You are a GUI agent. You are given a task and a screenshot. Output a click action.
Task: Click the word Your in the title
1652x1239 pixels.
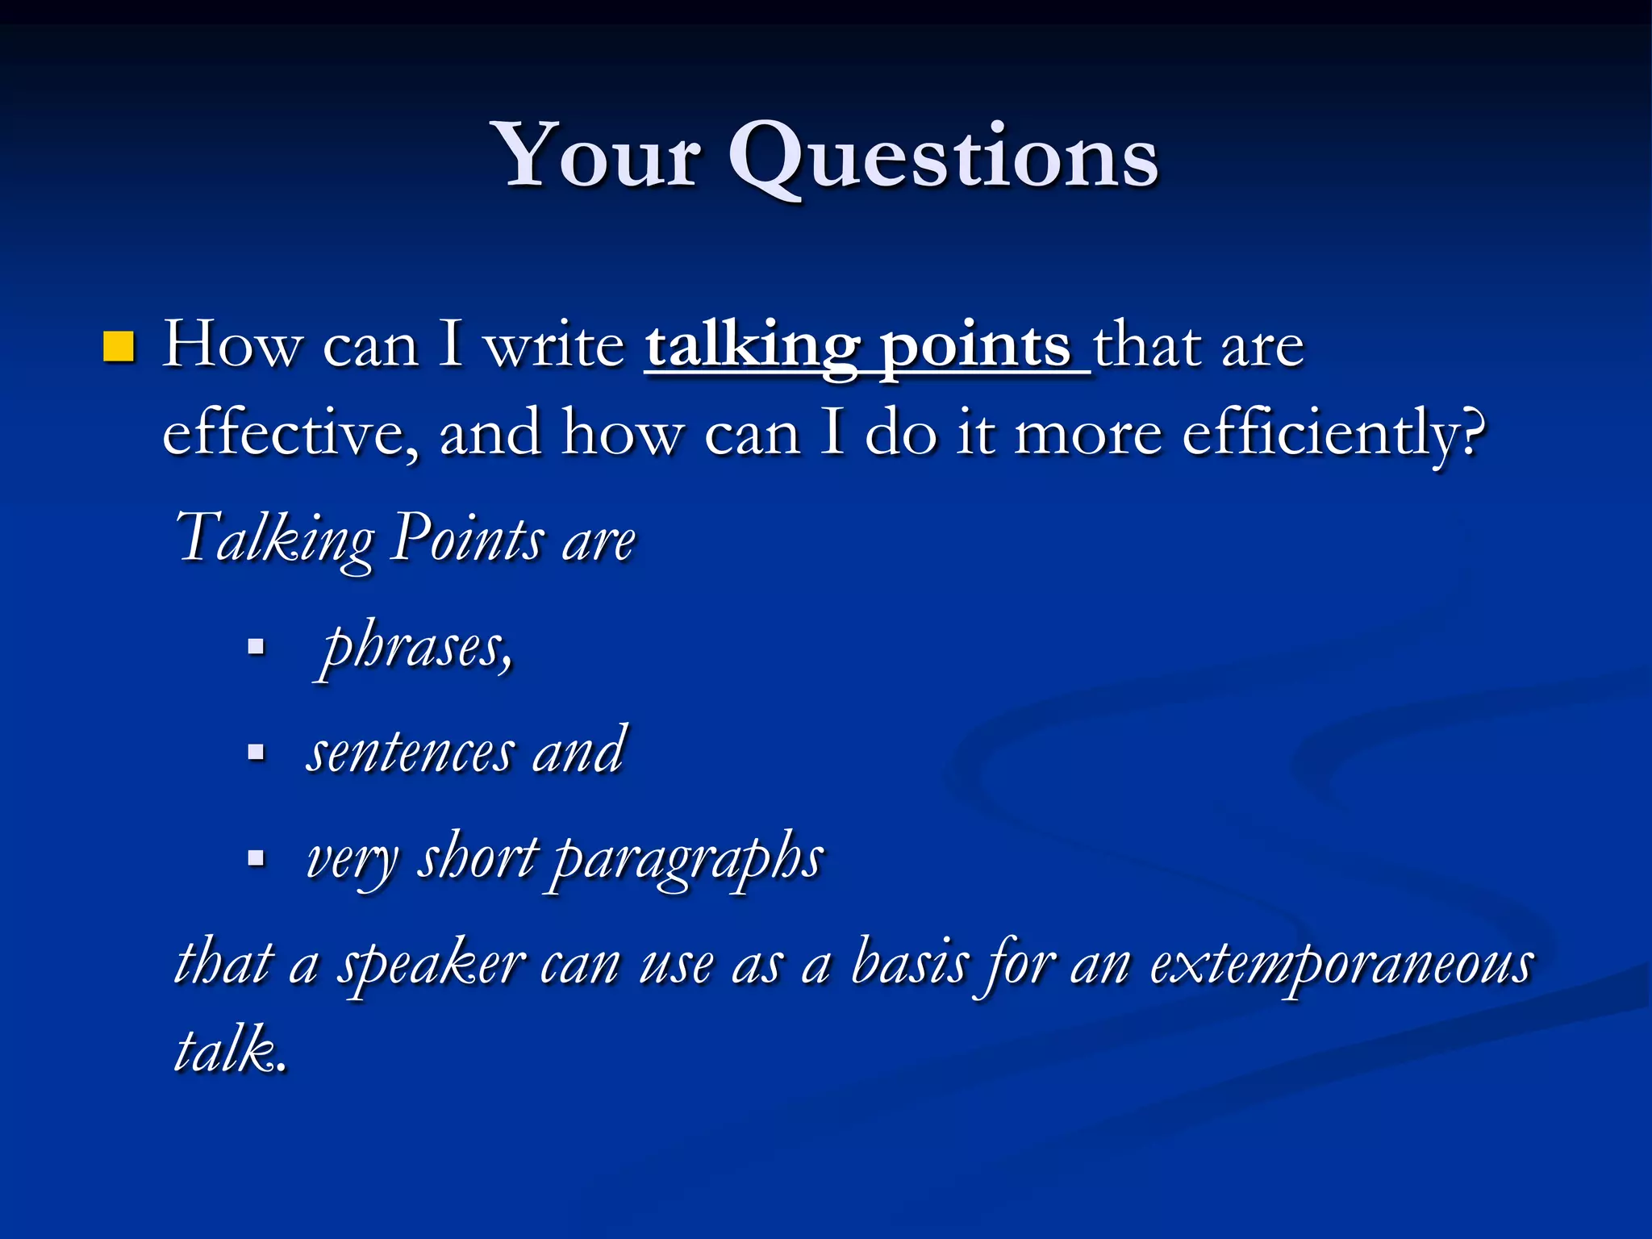click(x=599, y=155)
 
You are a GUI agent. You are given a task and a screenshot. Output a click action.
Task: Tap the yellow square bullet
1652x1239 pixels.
click(x=119, y=347)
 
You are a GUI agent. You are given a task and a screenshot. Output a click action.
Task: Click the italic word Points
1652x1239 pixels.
click(x=468, y=538)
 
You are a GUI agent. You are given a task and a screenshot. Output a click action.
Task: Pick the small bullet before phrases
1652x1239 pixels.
click(x=256, y=647)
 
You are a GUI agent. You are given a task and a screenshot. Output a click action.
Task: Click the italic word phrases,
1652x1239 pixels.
click(x=416, y=649)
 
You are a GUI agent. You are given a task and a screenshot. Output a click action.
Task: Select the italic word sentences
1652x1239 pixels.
click(x=410, y=753)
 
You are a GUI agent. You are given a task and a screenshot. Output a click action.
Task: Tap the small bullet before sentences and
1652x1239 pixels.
click(x=256, y=753)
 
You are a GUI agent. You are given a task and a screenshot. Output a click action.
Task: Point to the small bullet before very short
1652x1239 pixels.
click(x=256, y=857)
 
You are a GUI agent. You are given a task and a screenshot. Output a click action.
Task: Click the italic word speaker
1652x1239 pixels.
click(x=431, y=965)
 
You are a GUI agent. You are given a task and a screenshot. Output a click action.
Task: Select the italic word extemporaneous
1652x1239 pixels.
click(x=1341, y=965)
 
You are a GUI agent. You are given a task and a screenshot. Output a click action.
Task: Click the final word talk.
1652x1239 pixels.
click(x=229, y=1050)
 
